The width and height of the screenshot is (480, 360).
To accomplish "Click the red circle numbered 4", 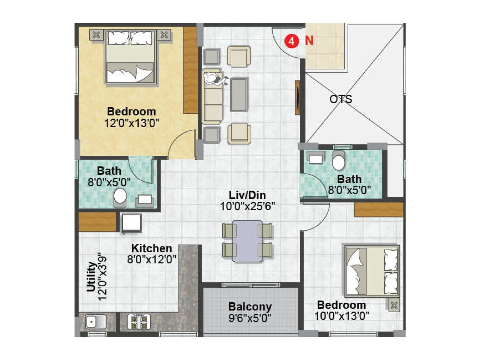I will point(291,41).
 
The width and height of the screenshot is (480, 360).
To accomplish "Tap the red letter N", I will point(309,40).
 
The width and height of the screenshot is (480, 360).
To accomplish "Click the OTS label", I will point(340,99).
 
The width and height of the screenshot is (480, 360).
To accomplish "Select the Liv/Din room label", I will point(247,195).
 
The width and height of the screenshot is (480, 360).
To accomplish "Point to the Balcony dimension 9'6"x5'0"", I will point(250,318).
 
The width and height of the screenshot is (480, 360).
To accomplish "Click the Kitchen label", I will point(151,248).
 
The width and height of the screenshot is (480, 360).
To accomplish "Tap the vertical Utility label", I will point(91,277).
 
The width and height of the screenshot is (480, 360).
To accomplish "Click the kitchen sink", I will point(95,322).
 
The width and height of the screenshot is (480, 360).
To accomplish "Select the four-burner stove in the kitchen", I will point(139,322).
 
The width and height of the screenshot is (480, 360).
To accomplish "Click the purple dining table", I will point(247,241).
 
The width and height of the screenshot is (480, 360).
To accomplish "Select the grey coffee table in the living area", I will point(239,94).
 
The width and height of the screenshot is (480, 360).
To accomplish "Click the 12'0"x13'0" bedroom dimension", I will point(131,123).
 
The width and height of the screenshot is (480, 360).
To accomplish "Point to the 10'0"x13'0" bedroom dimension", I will point(342,316).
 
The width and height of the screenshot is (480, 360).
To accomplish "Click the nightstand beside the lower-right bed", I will point(394,305).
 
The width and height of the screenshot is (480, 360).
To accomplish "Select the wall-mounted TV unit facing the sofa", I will point(297,97).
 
